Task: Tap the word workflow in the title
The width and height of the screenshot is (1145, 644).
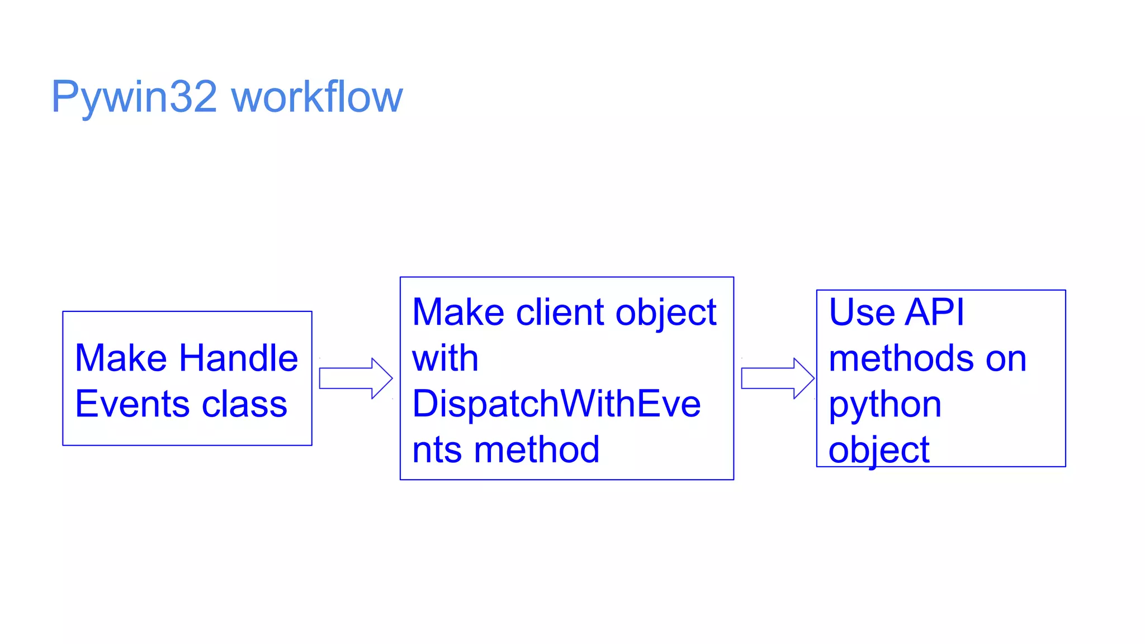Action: [317, 97]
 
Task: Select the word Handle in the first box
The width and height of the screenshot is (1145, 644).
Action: [239, 358]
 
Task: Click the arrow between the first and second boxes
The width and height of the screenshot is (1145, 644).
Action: [356, 378]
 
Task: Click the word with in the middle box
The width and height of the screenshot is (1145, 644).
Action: [445, 358]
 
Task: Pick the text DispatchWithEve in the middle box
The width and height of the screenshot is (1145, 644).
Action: [556, 404]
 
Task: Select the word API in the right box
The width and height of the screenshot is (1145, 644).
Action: [935, 312]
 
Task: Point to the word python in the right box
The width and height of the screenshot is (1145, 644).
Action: [885, 405]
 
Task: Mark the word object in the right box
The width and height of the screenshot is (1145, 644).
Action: [879, 450]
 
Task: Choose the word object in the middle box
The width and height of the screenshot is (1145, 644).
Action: [666, 313]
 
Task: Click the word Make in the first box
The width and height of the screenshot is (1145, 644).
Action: [121, 358]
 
